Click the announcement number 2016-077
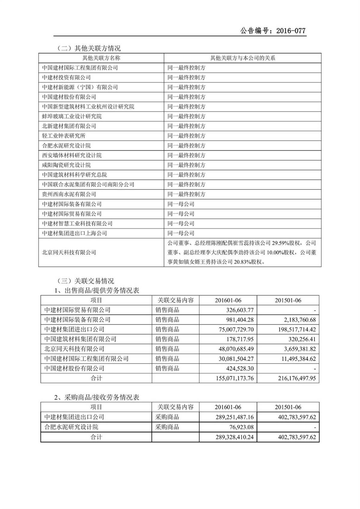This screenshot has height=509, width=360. [291, 31]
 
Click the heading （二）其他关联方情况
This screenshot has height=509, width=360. [89, 48]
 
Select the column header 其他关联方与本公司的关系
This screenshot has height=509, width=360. [242, 58]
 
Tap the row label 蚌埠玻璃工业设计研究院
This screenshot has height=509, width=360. [72, 116]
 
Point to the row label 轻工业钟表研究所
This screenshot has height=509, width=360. [64, 136]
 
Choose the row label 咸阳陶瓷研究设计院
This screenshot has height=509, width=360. [66, 165]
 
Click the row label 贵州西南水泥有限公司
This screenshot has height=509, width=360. [69, 194]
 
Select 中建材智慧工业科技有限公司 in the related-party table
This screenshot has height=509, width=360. [77, 223]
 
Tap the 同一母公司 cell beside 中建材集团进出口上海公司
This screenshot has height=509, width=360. [181, 233]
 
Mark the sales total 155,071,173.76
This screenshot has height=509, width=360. [235, 378]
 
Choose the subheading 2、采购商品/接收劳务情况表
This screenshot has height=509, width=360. [97, 397]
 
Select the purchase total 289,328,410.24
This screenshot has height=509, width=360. [234, 437]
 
